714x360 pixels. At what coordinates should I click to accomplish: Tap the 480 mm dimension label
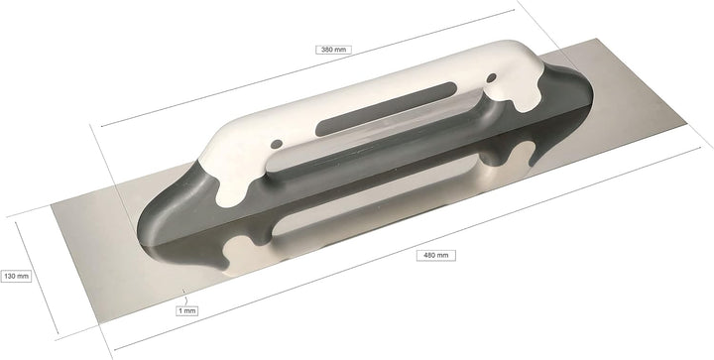pos(437,255)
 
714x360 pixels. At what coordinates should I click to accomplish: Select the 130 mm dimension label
pos(16,276)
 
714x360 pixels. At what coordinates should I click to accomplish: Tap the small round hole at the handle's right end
pos(491,75)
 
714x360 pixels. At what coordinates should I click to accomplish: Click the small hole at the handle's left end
pos(234,180)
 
